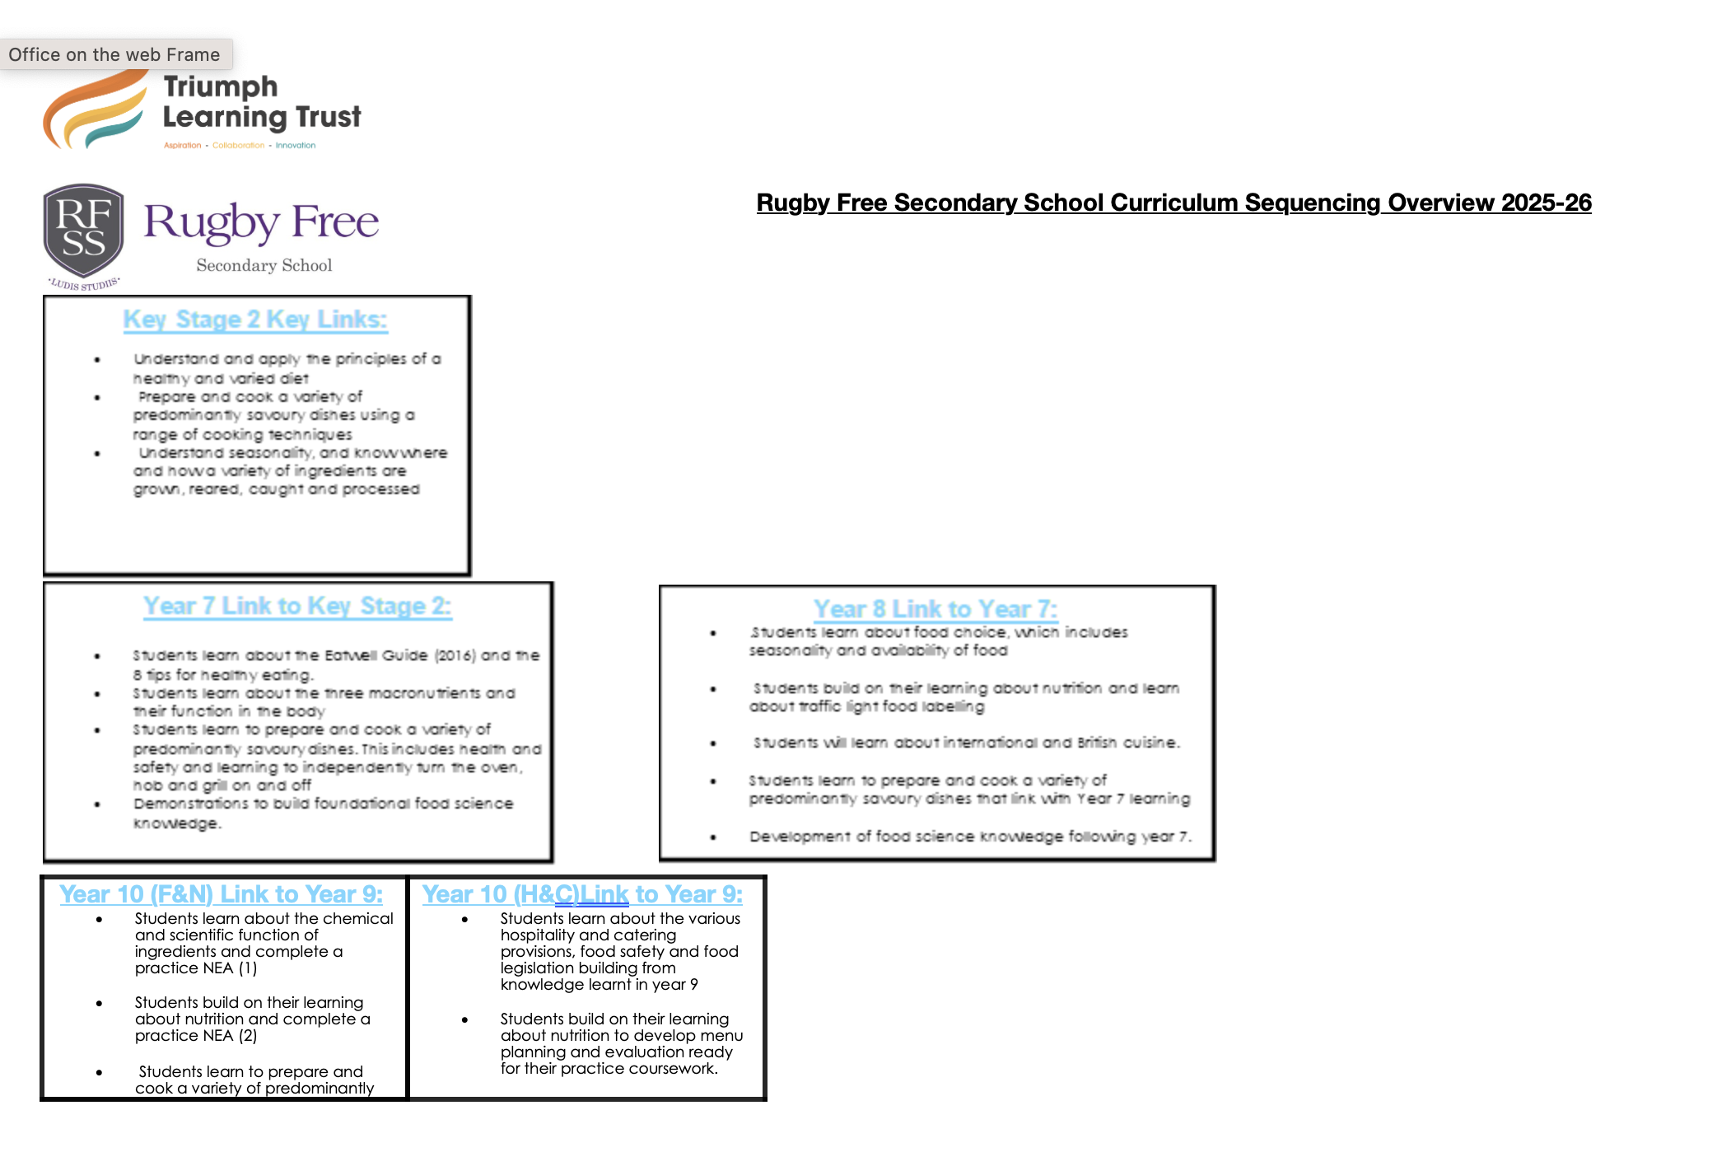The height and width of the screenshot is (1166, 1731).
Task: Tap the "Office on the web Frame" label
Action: click(x=114, y=54)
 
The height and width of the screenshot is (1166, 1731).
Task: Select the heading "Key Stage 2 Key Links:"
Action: click(x=255, y=319)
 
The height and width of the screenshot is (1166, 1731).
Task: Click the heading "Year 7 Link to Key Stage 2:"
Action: click(x=297, y=606)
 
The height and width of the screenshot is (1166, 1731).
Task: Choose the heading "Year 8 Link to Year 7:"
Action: click(x=935, y=609)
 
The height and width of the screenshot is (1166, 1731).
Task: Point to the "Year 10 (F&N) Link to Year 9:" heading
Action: click(x=221, y=894)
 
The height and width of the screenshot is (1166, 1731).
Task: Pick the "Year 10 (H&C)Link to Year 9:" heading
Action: click(x=582, y=894)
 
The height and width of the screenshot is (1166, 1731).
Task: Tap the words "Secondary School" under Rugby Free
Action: click(x=264, y=265)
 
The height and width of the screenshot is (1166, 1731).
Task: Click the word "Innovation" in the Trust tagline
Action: click(x=296, y=145)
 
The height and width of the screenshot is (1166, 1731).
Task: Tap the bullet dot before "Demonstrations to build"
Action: click(x=97, y=804)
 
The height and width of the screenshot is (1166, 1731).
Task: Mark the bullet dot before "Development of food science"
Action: click(x=713, y=837)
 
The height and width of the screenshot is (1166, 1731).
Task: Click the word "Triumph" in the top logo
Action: click(x=221, y=86)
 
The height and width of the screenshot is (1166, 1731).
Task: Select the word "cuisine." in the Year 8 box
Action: click(x=1151, y=743)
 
